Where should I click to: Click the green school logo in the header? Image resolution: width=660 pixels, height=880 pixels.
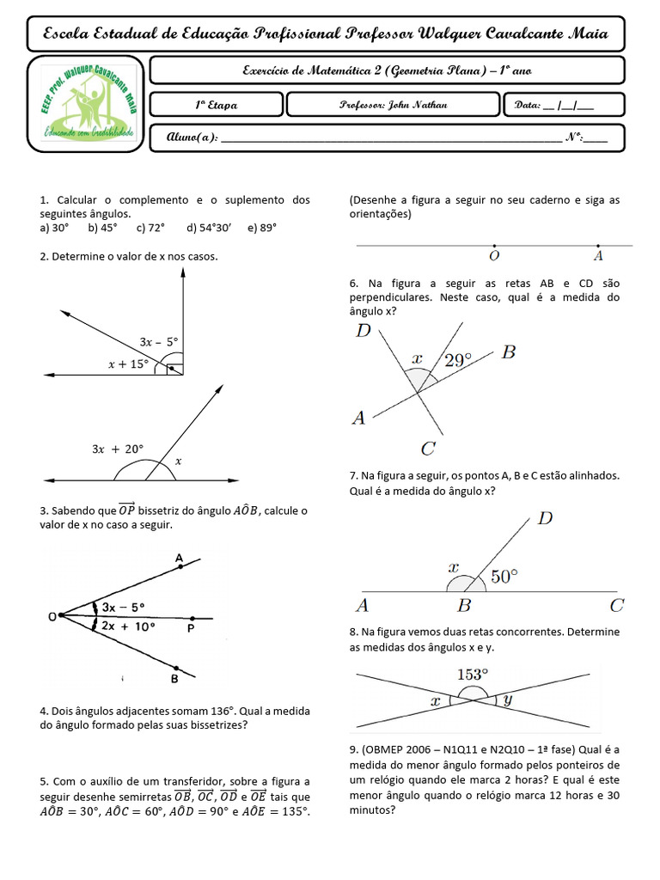(85, 103)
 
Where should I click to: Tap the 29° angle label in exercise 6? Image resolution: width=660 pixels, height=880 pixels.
(457, 360)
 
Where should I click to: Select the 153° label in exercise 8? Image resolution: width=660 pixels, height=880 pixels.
(472, 675)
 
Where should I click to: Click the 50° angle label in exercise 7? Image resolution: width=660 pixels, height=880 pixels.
(504, 577)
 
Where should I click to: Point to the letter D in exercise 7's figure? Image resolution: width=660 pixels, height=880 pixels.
(545, 518)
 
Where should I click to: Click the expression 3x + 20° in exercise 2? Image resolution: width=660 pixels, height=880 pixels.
(118, 449)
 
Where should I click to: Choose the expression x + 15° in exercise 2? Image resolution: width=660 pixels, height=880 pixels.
(128, 364)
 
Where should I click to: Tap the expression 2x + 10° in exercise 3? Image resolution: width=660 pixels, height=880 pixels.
(128, 626)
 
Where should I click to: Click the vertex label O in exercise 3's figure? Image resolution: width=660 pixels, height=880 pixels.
(53, 617)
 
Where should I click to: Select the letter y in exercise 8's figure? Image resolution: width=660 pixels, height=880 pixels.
(508, 700)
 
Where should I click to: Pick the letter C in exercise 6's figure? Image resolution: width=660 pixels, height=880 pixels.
(429, 448)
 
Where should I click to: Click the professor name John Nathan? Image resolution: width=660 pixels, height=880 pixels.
(394, 105)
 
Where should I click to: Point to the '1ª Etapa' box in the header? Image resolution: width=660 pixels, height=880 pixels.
(216, 105)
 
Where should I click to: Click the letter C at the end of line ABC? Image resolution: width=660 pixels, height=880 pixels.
(616, 606)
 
